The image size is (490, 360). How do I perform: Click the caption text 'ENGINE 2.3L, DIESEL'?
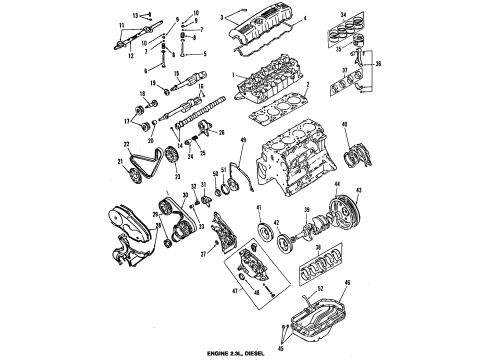click(x=244, y=350)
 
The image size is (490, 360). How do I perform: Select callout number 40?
click(x=345, y=125)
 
